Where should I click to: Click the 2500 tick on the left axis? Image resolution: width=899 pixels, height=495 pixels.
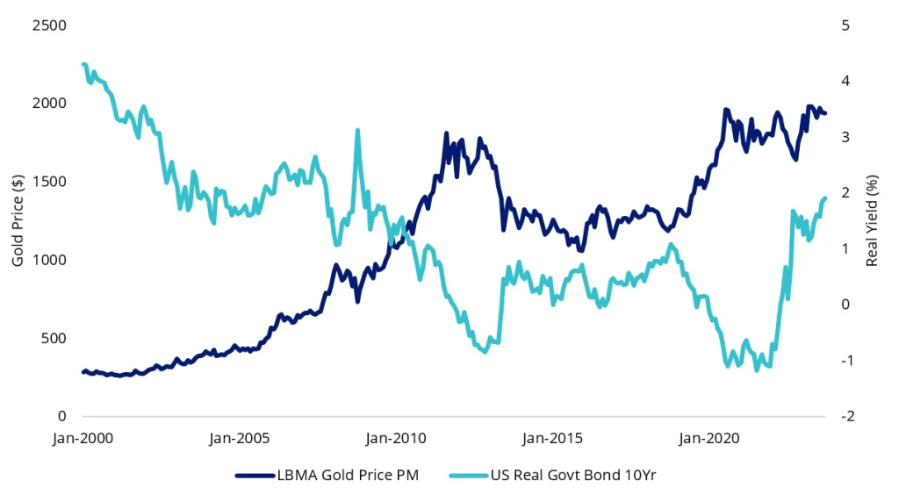[49, 25]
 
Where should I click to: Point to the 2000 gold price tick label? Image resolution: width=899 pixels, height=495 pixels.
[49, 104]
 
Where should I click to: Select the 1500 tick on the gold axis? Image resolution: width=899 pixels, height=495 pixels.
[49, 182]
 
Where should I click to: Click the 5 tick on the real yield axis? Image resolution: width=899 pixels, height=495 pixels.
[845, 25]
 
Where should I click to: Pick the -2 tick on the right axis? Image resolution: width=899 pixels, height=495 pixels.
[846, 416]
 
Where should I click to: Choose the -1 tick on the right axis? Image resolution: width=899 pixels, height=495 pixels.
[846, 361]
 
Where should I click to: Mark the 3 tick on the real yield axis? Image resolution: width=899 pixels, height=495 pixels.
[845, 137]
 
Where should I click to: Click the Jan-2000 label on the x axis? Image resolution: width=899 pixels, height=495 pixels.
[83, 437]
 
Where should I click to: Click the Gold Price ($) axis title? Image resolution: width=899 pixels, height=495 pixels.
[18, 221]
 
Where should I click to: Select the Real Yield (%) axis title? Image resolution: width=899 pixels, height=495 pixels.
[873, 221]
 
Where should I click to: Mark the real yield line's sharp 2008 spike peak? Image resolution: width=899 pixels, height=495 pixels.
[357, 131]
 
